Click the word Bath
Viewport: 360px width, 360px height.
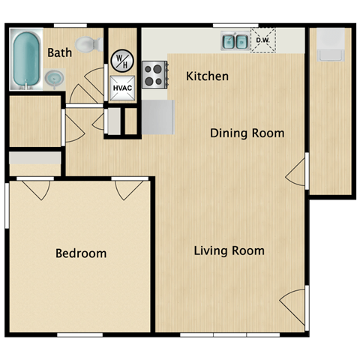pyautogui.click(x=59, y=52)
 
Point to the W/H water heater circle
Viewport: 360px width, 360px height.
pyautogui.click(x=121, y=60)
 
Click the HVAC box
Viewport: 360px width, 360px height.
pyautogui.click(x=121, y=88)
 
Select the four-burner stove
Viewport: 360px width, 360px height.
pyautogui.click(x=154, y=73)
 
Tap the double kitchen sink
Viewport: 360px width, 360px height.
pyautogui.click(x=234, y=41)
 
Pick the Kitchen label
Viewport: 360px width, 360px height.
pyautogui.click(x=207, y=76)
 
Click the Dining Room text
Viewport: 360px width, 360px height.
pyautogui.click(x=247, y=133)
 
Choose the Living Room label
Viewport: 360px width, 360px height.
pyautogui.click(x=229, y=250)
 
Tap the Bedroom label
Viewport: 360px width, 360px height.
pyautogui.click(x=81, y=253)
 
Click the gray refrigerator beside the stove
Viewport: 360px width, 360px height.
pyautogui.click(x=158, y=118)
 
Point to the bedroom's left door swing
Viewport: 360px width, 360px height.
pyautogui.click(x=36, y=189)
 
